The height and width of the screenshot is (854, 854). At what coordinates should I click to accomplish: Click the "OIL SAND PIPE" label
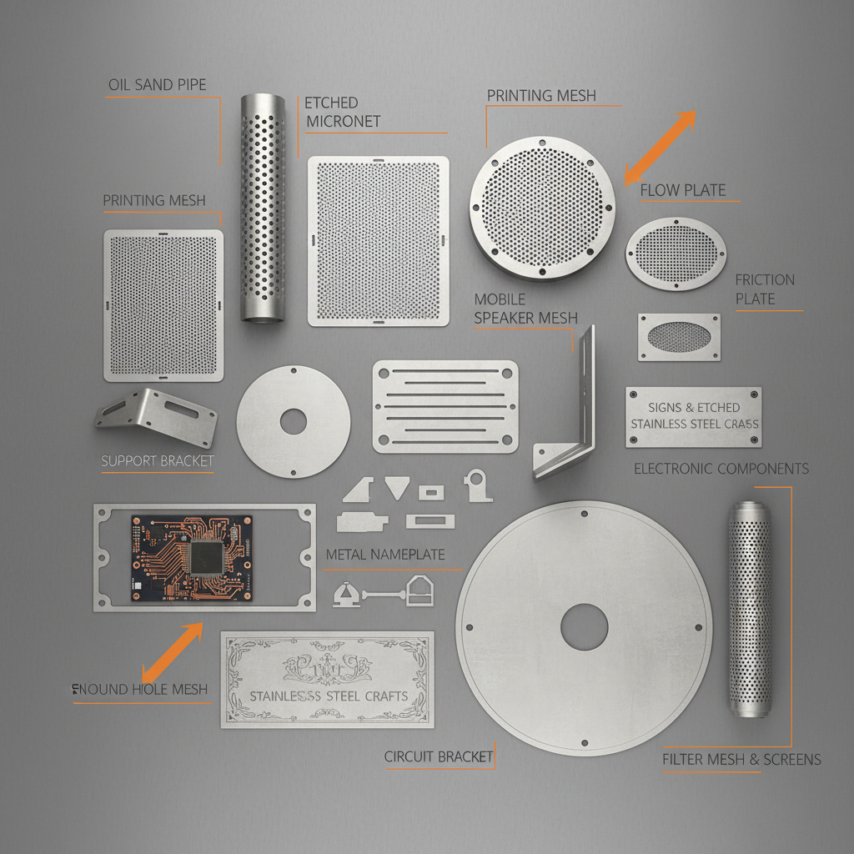(x=157, y=85)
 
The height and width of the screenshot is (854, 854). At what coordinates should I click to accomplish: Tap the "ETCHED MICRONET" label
(x=343, y=112)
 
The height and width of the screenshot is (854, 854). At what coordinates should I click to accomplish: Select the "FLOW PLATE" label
(x=682, y=191)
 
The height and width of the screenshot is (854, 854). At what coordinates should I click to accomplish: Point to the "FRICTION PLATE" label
(x=765, y=289)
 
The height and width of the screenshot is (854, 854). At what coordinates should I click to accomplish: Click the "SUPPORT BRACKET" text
(x=157, y=461)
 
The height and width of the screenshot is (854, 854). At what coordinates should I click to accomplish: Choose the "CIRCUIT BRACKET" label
(x=439, y=757)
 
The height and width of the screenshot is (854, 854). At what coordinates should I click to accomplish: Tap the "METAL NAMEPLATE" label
(x=385, y=555)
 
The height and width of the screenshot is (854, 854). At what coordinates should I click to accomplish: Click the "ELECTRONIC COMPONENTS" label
(x=721, y=469)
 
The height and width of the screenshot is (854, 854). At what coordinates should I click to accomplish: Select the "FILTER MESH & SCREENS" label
(x=741, y=760)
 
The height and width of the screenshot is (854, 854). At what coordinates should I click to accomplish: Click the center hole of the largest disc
(x=584, y=627)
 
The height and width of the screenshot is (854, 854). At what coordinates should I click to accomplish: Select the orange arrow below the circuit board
(x=173, y=652)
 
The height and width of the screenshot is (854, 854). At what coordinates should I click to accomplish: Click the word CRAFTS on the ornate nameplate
(x=381, y=696)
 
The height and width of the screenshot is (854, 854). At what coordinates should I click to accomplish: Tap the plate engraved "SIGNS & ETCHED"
(x=693, y=416)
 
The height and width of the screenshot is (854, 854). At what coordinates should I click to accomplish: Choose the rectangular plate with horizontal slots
(x=445, y=406)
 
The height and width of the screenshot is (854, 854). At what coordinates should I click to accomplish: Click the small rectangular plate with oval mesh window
(x=679, y=337)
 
